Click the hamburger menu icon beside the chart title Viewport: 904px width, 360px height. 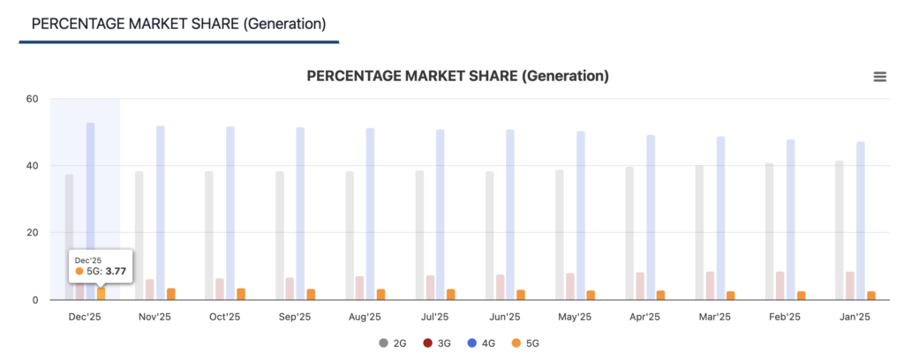(879, 77)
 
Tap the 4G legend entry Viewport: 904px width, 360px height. (477, 342)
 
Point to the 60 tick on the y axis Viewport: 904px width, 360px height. (32, 99)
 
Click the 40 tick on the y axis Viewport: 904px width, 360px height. (32, 166)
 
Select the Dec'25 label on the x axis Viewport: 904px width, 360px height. (85, 317)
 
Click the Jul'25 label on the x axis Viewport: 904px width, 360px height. (434, 317)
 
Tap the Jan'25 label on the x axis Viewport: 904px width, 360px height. (854, 317)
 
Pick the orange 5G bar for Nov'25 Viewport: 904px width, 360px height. (171, 294)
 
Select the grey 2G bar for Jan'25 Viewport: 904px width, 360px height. (839, 229)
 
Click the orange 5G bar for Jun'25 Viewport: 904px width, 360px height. (521, 295)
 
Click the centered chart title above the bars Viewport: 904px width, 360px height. (457, 77)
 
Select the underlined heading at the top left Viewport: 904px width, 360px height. (178, 24)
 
